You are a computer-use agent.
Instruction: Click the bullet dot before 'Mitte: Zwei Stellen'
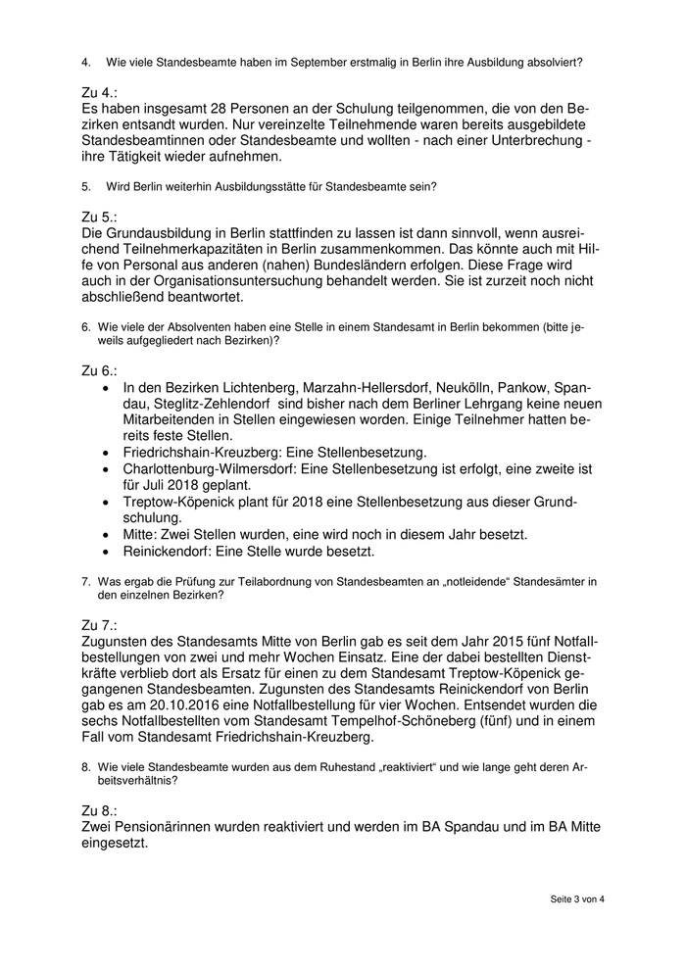click(x=107, y=535)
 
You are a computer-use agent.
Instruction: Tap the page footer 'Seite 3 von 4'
click(x=576, y=898)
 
